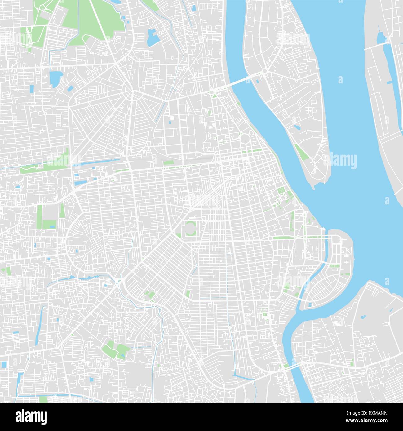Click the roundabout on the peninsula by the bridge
coord(265,71)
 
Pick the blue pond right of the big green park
coord(153,37)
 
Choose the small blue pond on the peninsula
coord(297,127)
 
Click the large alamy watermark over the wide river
coord(340,161)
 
